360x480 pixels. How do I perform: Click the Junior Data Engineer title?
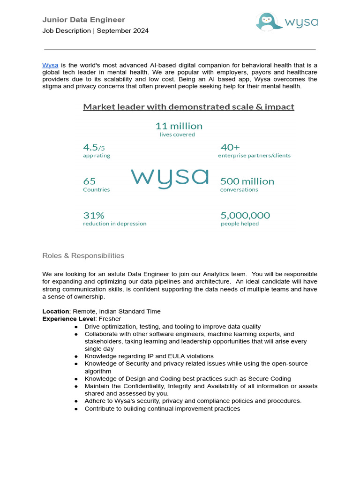point(83,20)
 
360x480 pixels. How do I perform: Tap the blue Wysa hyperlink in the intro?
point(50,65)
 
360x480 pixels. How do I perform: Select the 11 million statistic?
point(179,126)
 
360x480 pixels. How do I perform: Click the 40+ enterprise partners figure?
point(230,147)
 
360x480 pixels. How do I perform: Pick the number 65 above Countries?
point(89,181)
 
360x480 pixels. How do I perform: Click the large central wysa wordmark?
point(169,178)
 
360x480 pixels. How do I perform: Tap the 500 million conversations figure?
point(247,181)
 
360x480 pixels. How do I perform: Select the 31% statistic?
point(93,216)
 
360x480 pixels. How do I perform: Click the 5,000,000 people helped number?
point(245,216)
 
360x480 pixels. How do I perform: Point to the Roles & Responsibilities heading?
point(83,256)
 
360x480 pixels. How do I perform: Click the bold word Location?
point(56,311)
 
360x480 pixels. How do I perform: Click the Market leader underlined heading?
point(188,107)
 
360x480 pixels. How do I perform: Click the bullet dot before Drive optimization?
point(76,327)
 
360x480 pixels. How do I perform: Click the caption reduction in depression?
point(114,224)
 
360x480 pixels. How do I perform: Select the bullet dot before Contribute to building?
point(76,409)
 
